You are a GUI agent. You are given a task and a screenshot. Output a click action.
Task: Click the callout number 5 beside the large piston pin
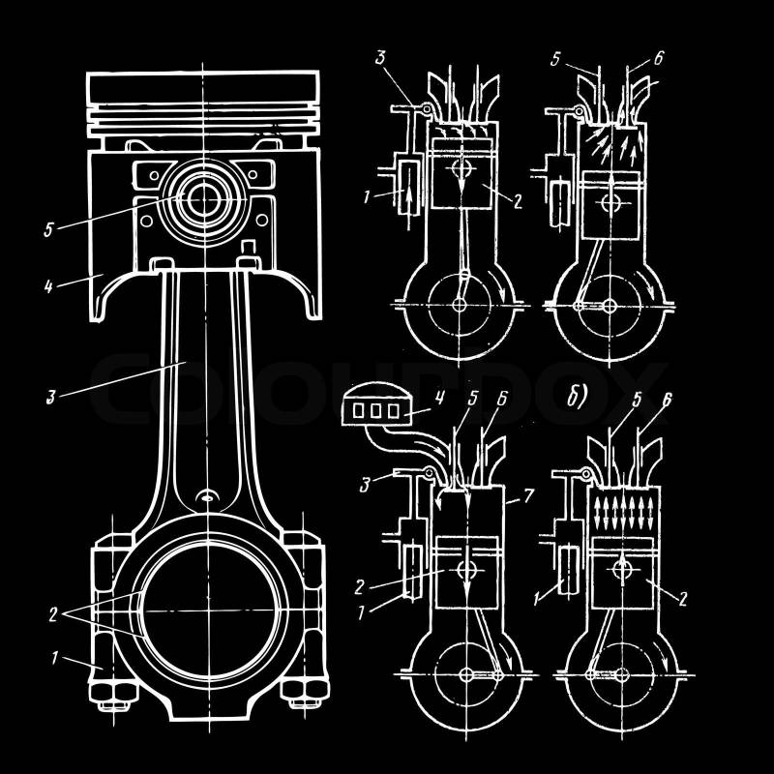point(48,229)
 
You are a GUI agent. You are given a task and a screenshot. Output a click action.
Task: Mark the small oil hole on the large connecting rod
point(205,497)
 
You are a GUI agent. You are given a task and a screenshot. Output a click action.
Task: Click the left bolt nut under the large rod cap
point(104,693)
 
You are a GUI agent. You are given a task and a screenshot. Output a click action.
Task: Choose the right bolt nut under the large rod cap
point(299,693)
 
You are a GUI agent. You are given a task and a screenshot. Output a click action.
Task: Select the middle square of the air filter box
point(375,411)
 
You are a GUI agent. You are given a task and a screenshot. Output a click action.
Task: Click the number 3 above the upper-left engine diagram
point(381,60)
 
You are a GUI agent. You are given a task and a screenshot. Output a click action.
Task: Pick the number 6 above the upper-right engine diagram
point(658,58)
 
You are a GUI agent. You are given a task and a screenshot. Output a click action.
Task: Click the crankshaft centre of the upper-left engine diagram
point(458,306)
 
